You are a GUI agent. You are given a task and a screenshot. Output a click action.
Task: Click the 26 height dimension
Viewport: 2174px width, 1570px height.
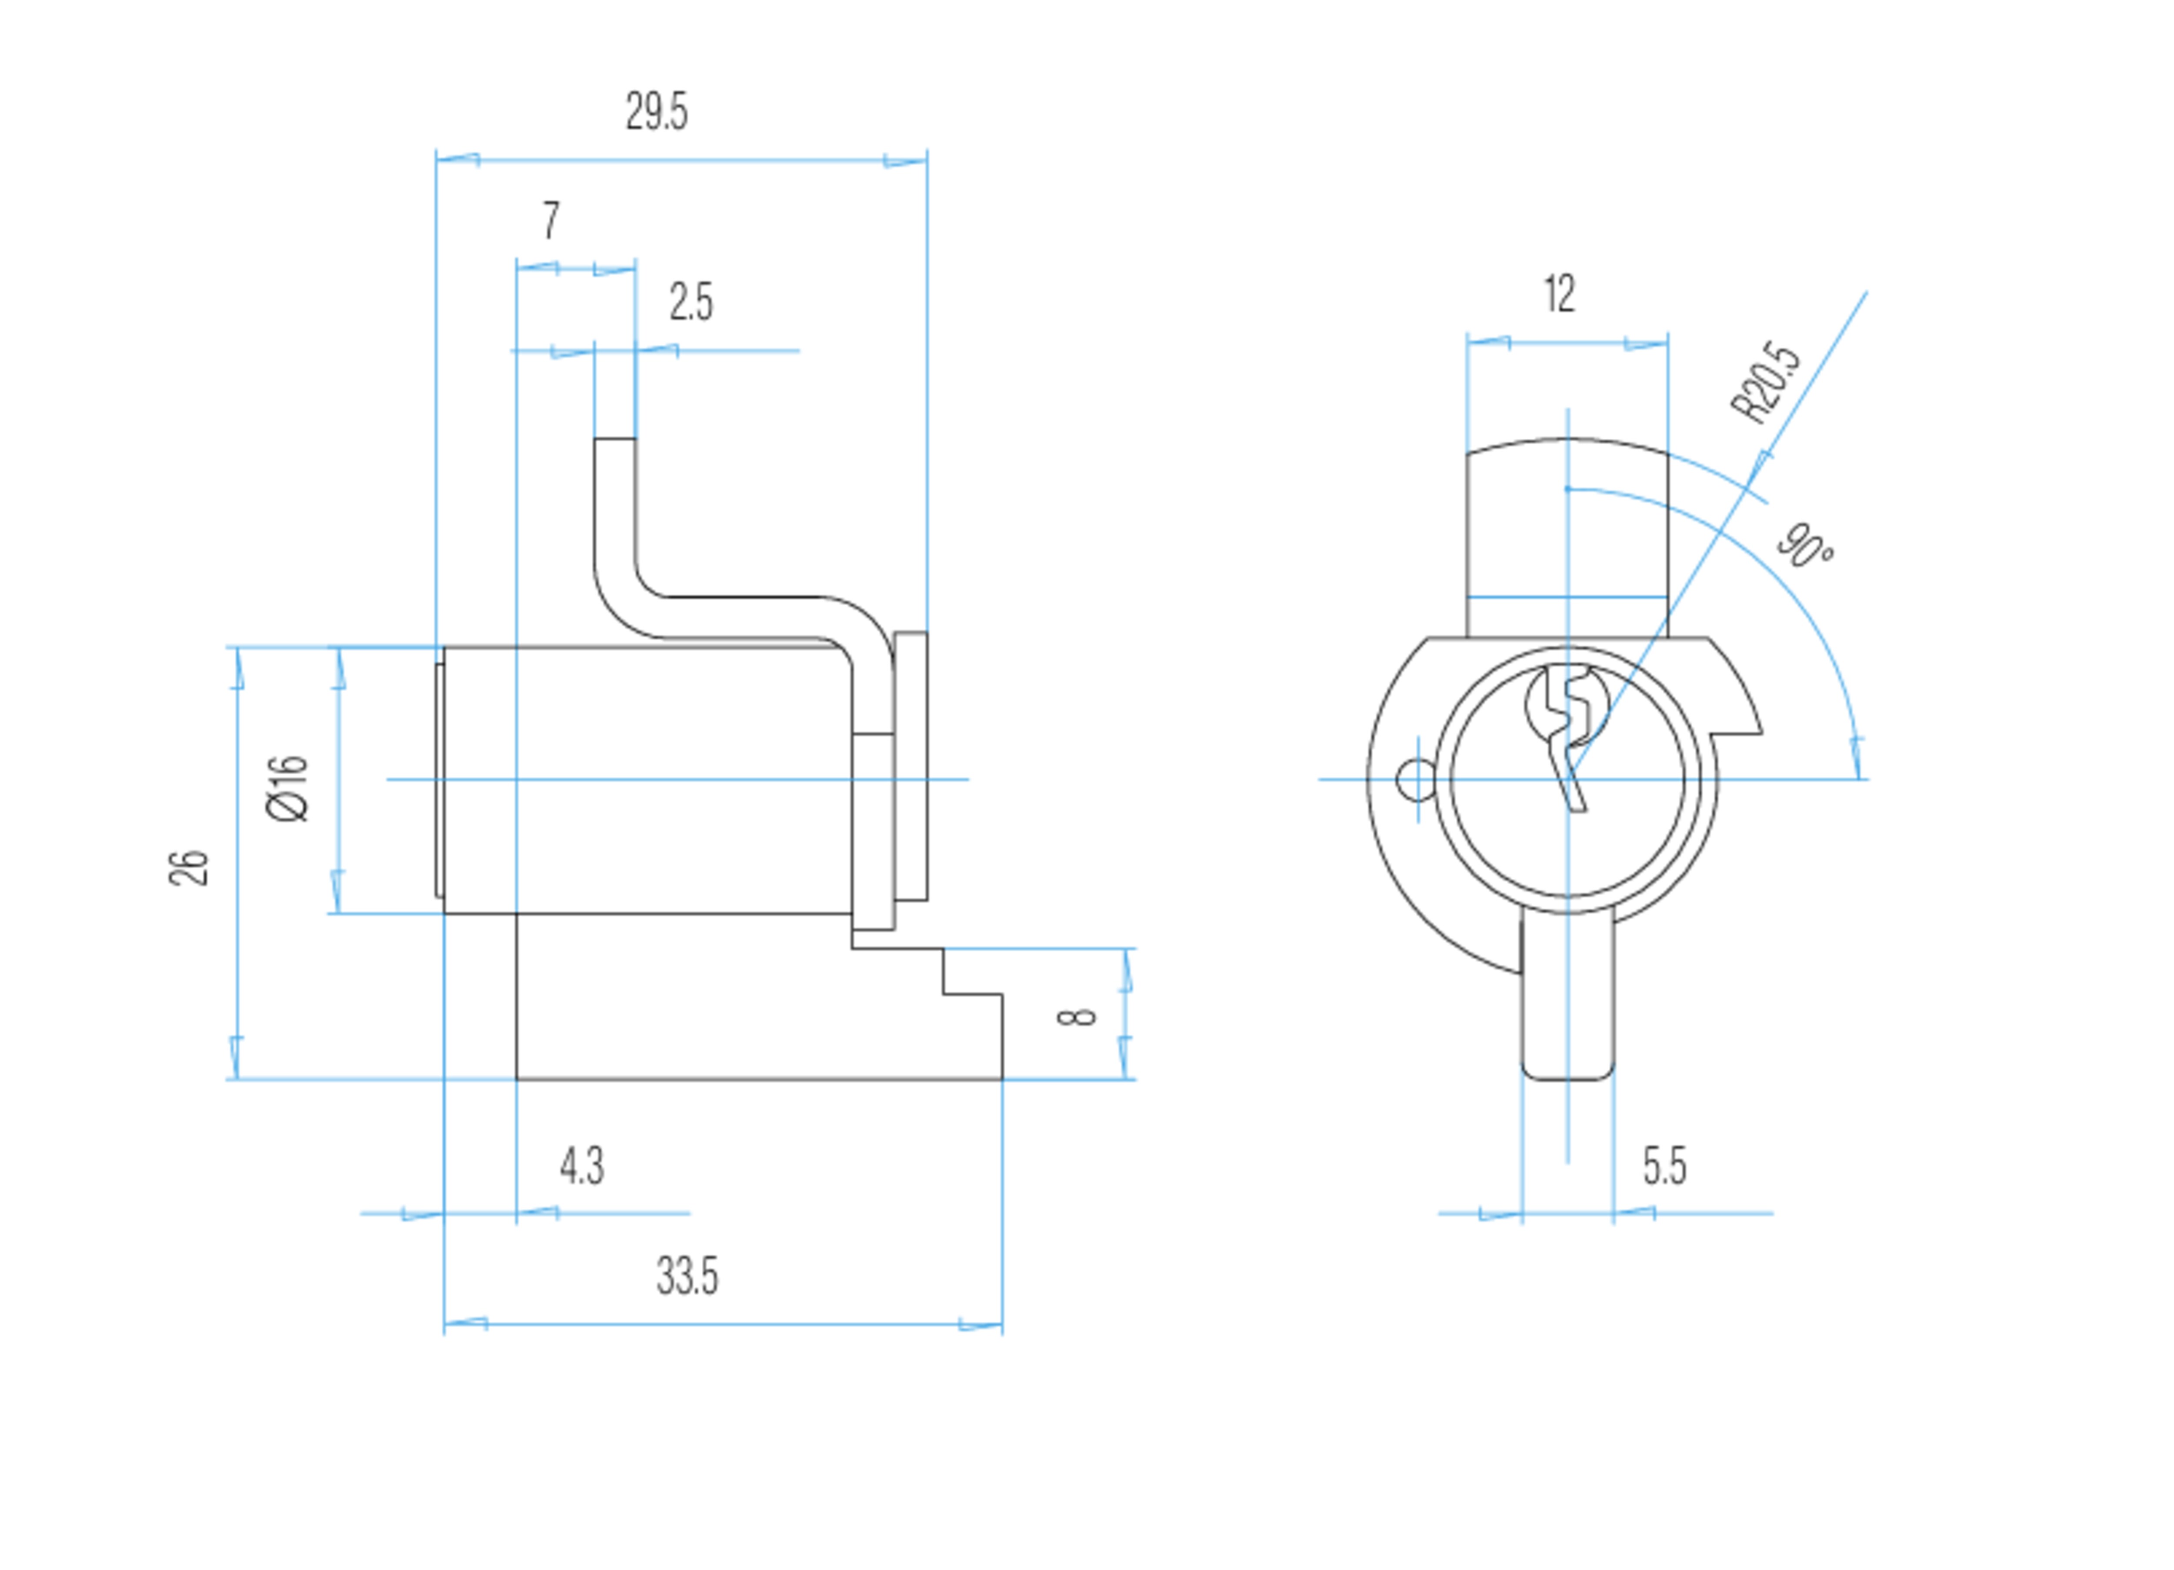coord(189,868)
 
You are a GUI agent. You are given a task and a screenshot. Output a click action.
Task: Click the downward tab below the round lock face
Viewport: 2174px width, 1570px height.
coord(1567,997)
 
